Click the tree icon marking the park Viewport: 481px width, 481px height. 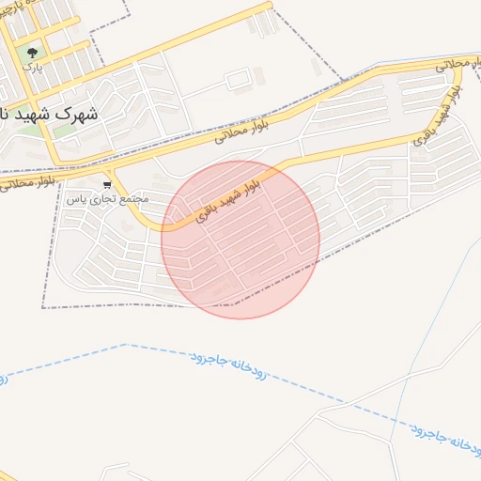point(34,53)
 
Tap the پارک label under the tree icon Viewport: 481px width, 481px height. point(33,68)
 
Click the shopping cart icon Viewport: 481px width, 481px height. point(108,184)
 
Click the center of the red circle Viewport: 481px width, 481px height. point(240,240)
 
